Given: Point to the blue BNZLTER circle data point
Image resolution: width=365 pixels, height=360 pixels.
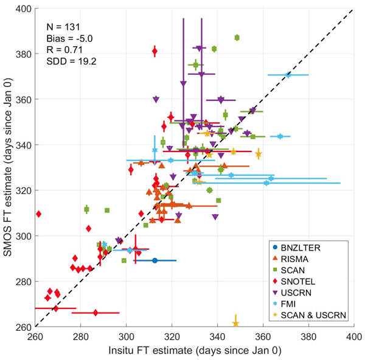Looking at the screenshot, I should click(x=155, y=260).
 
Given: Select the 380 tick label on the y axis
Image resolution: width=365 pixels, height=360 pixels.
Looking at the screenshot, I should click(x=25, y=54).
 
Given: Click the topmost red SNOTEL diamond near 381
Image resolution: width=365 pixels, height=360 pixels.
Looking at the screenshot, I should click(x=155, y=52).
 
